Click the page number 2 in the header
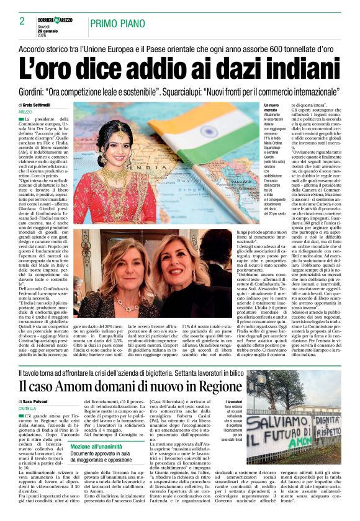click(x=22, y=20)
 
